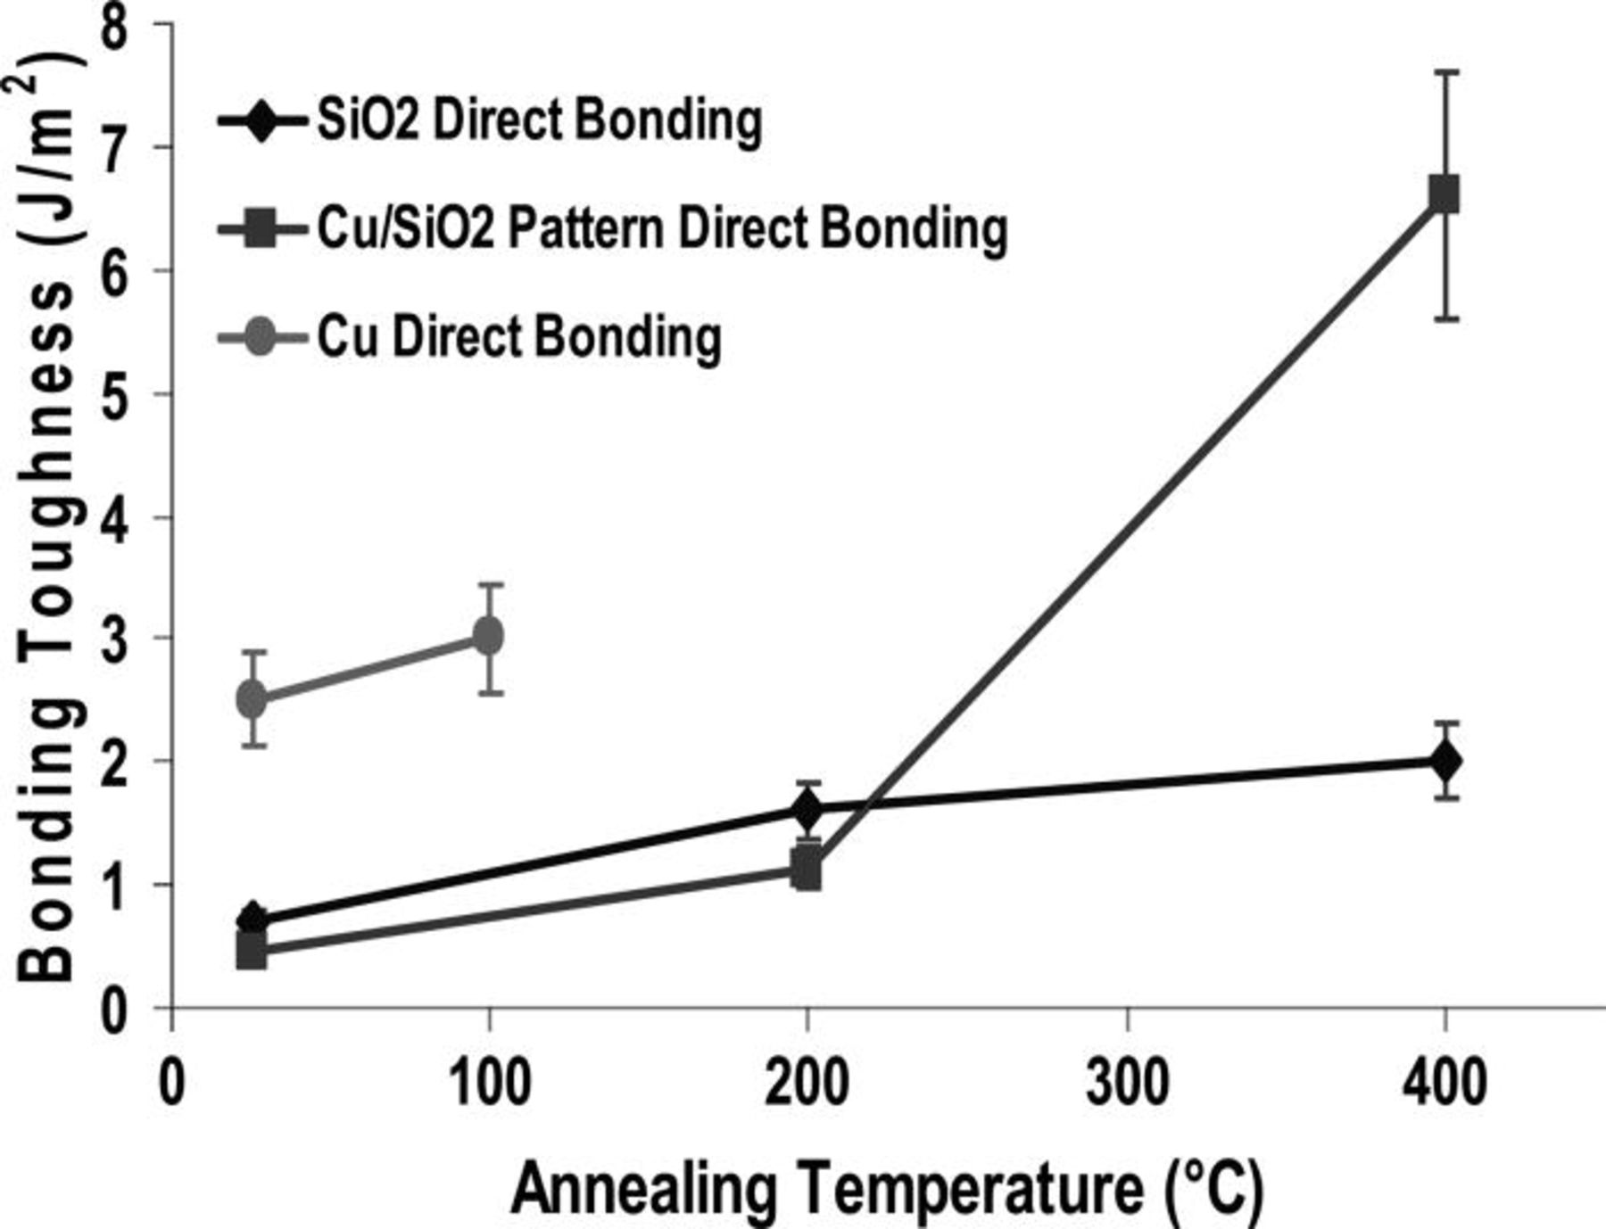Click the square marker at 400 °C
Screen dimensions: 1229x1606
click(x=1444, y=194)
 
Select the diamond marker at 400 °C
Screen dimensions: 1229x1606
click(x=1445, y=761)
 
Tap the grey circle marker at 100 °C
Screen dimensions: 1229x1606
click(x=487, y=636)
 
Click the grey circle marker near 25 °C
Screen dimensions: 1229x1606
click(x=253, y=698)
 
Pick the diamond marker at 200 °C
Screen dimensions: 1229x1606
click(x=807, y=810)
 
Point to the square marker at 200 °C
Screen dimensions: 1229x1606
click(x=807, y=867)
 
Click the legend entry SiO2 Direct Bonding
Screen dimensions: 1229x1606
click(x=539, y=120)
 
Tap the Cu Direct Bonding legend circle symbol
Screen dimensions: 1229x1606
click(x=260, y=337)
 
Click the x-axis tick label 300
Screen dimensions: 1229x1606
click(x=1128, y=1084)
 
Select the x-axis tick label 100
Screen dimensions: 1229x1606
click(x=488, y=1084)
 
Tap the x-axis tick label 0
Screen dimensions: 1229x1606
click(x=170, y=1084)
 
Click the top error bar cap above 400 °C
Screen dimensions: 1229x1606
click(x=1445, y=71)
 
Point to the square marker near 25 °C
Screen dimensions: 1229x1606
click(x=252, y=949)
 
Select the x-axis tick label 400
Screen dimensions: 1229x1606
click(x=1445, y=1084)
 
